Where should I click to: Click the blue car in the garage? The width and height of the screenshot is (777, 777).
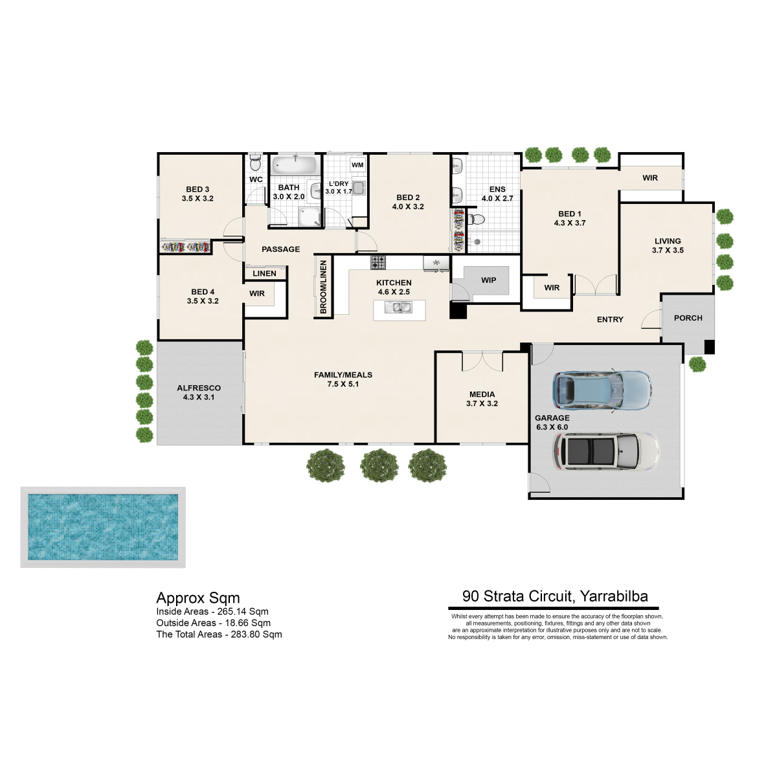tap(602, 390)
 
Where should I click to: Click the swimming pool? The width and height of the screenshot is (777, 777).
tap(103, 528)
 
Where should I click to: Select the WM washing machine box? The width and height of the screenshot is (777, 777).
tap(357, 164)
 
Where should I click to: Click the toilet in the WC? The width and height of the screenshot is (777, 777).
tap(255, 163)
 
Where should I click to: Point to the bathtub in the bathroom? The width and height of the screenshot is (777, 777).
tap(295, 165)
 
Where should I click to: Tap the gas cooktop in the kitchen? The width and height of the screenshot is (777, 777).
tap(378, 262)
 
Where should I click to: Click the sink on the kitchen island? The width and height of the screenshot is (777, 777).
tap(398, 308)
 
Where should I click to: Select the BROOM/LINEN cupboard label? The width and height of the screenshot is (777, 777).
tap(323, 287)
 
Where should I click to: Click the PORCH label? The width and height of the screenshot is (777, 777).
tap(688, 318)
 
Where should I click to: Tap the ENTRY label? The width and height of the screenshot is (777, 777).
tap(610, 319)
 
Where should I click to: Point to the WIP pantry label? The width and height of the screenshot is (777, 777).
tap(488, 280)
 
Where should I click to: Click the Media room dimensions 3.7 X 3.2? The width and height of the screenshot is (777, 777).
tap(482, 403)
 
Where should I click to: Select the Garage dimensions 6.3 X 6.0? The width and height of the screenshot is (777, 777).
tap(552, 427)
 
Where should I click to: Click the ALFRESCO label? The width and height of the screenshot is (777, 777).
tap(199, 388)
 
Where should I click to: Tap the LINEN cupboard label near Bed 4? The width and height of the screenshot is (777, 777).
tap(265, 273)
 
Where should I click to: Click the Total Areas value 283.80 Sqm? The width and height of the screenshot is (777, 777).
tap(256, 635)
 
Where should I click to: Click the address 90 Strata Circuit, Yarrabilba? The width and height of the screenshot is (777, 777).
tap(555, 596)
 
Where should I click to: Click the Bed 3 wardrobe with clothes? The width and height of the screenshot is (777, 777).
tap(185, 246)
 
